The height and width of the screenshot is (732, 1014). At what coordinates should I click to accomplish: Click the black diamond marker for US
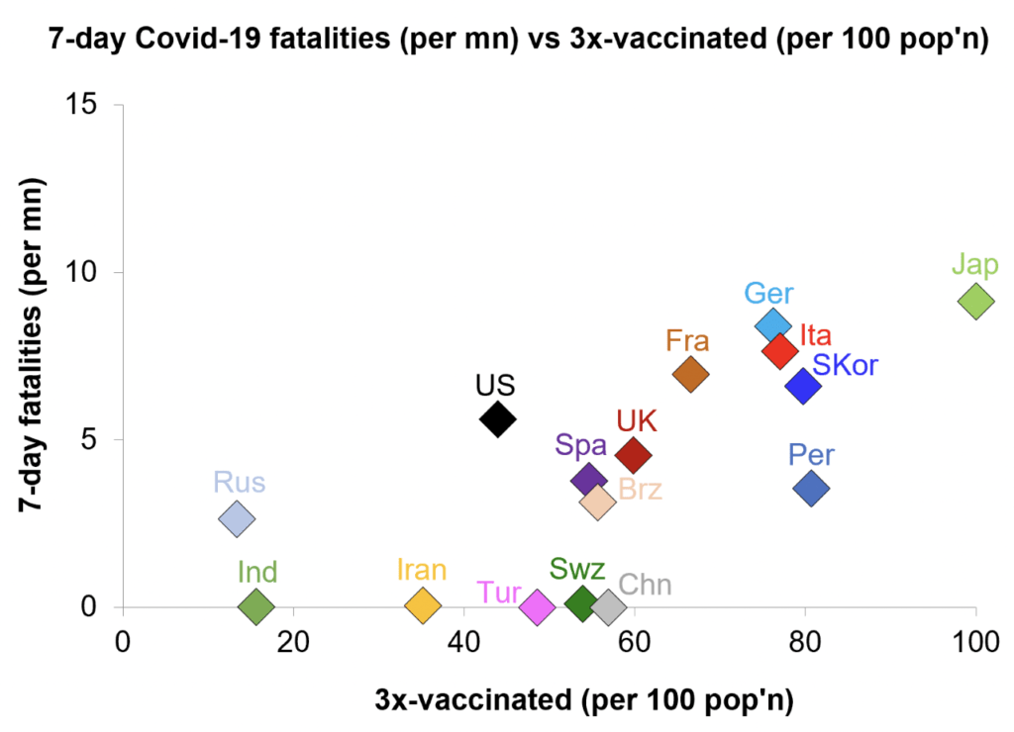pyautogui.click(x=497, y=419)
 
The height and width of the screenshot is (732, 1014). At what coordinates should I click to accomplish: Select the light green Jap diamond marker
pyautogui.click(x=975, y=301)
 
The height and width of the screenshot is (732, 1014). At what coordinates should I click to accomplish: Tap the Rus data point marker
pyautogui.click(x=237, y=518)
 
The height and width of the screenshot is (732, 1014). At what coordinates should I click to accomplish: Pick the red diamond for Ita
pyautogui.click(x=780, y=350)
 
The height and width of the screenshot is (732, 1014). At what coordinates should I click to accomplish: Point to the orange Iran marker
pyautogui.click(x=423, y=605)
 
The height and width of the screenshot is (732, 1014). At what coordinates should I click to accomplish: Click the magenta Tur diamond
pyautogui.click(x=537, y=606)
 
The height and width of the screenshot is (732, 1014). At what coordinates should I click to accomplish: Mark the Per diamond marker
pyautogui.click(x=811, y=488)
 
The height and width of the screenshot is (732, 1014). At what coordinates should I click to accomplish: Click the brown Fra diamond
pyautogui.click(x=690, y=374)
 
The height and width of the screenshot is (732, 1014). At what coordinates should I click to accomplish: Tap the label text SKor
pyautogui.click(x=845, y=365)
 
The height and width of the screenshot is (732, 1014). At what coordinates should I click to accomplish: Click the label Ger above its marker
pyautogui.click(x=768, y=294)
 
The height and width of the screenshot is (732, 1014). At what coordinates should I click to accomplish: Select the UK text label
pyautogui.click(x=637, y=420)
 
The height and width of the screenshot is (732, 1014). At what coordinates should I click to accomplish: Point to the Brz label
pyautogui.click(x=640, y=489)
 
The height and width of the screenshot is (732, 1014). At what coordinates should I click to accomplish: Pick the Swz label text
pyautogui.click(x=577, y=570)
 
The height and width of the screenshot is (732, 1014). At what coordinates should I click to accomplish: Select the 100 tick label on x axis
pyautogui.click(x=975, y=641)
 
